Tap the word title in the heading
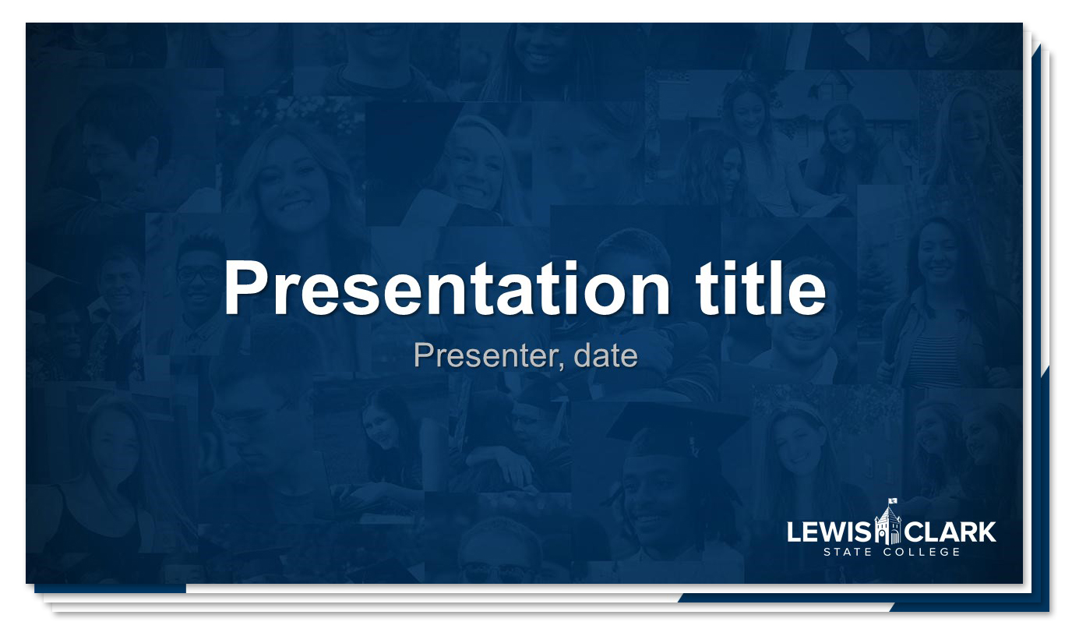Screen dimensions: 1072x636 point(760,288)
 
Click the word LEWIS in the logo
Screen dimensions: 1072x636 point(830,532)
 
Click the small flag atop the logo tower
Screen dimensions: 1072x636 point(893,501)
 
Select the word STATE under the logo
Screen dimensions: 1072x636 point(848,552)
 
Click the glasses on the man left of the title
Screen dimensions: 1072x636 point(199,274)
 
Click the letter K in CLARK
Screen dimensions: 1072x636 point(987,532)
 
